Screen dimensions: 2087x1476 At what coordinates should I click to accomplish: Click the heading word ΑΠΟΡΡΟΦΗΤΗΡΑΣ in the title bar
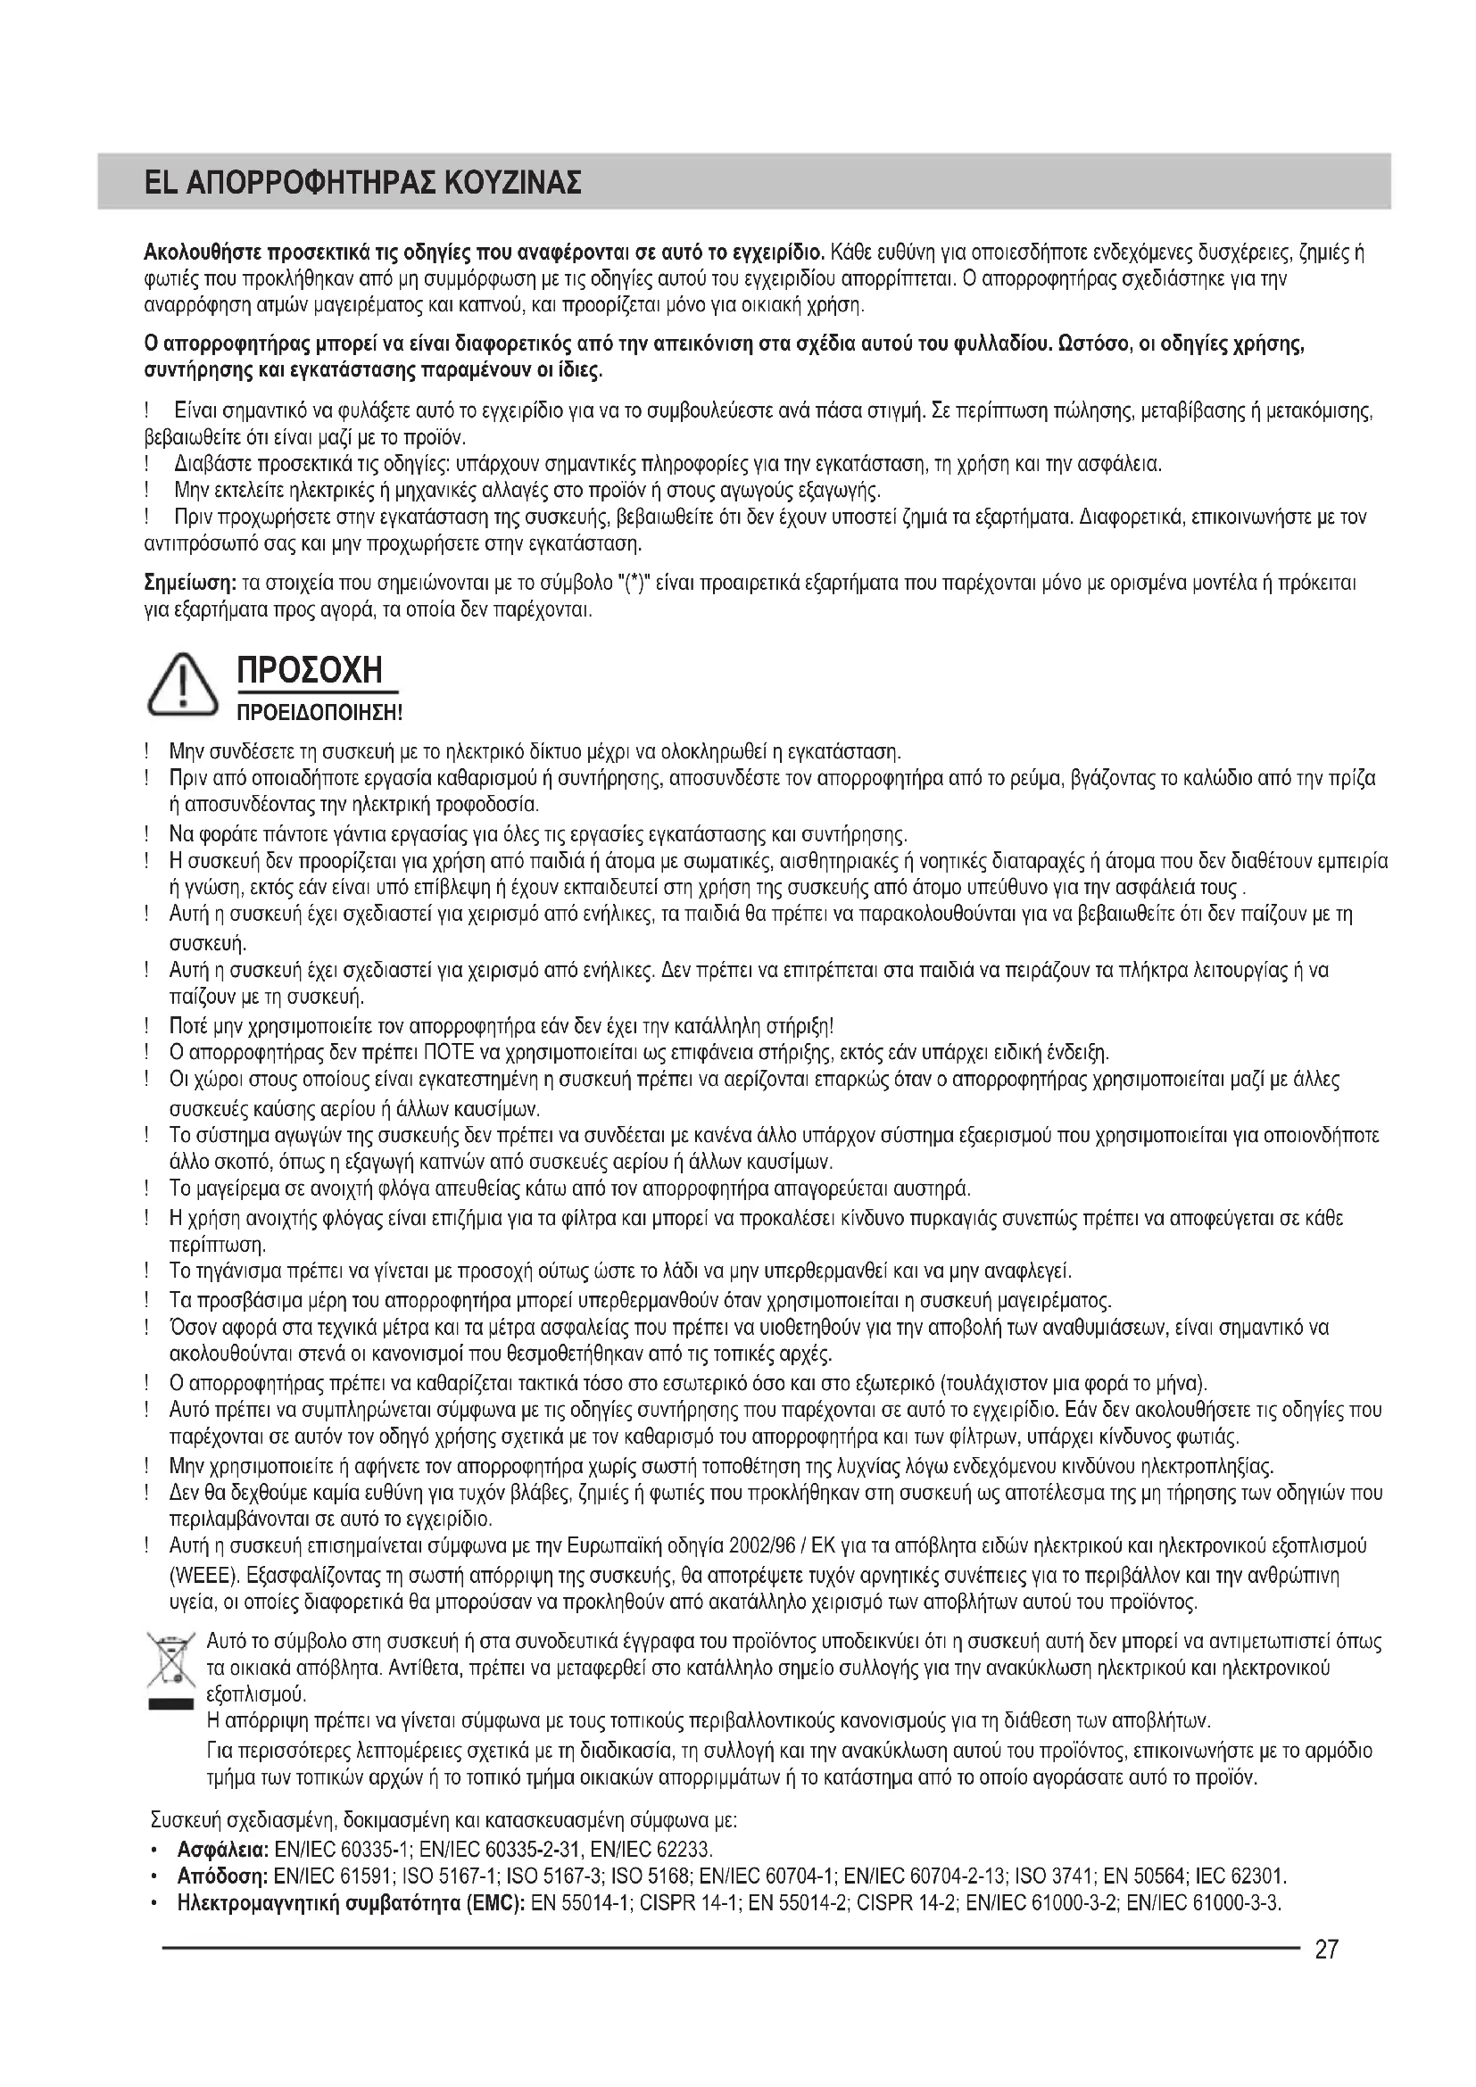[x=309, y=183]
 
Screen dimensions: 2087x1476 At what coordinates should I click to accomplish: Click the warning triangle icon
[x=183, y=686]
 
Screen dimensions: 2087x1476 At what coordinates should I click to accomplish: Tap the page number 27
[x=1326, y=1949]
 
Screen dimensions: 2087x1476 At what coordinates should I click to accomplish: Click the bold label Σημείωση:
[x=190, y=582]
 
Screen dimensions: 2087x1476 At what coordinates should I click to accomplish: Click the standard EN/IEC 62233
[x=651, y=1850]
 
